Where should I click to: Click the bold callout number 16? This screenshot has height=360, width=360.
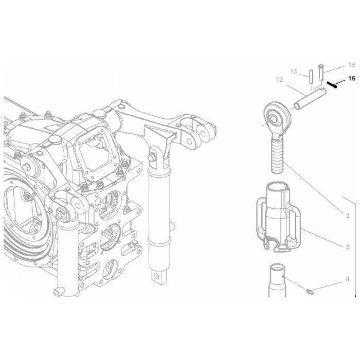click(351, 79)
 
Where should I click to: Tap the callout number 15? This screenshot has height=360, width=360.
click(351, 65)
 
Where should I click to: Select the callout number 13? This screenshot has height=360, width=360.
click(294, 71)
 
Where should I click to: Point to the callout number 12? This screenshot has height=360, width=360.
click(279, 80)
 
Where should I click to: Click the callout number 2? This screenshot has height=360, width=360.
click(347, 215)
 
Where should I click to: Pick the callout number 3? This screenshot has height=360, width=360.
click(347, 247)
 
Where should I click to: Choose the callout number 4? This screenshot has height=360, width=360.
click(347, 279)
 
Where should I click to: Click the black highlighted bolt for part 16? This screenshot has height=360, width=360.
click(332, 85)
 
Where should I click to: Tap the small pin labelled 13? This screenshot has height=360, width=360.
click(311, 77)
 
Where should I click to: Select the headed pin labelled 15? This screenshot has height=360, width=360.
click(321, 73)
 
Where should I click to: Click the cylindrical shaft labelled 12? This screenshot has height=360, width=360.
click(310, 99)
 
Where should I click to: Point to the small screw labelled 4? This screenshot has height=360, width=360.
click(310, 292)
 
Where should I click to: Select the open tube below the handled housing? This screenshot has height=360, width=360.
click(277, 281)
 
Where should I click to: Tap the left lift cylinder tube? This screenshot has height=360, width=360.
click(68, 257)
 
